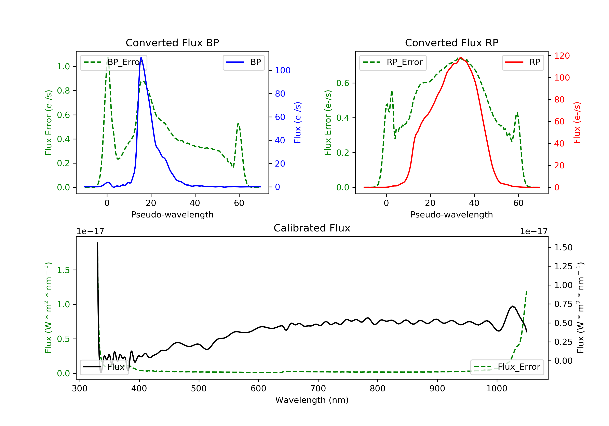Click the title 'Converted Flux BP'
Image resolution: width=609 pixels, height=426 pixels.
[x=172, y=43]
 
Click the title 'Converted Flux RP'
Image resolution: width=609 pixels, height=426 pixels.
[x=451, y=43]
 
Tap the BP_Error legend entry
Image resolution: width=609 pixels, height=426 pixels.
[x=113, y=62]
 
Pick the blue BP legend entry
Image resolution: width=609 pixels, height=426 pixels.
[x=243, y=62]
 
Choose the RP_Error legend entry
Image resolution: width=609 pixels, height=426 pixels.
[x=393, y=62]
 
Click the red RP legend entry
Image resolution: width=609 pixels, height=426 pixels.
[x=523, y=62]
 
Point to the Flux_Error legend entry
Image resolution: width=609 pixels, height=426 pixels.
[x=507, y=367]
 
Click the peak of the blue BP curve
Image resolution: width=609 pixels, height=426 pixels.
[x=141, y=58]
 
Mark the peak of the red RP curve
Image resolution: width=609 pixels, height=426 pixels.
[x=461, y=58]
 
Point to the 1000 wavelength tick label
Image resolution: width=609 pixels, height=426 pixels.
[x=497, y=389]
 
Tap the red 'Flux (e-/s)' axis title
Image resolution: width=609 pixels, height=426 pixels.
[x=577, y=123]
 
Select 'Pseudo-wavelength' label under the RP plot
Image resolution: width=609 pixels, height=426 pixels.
[x=451, y=214]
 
